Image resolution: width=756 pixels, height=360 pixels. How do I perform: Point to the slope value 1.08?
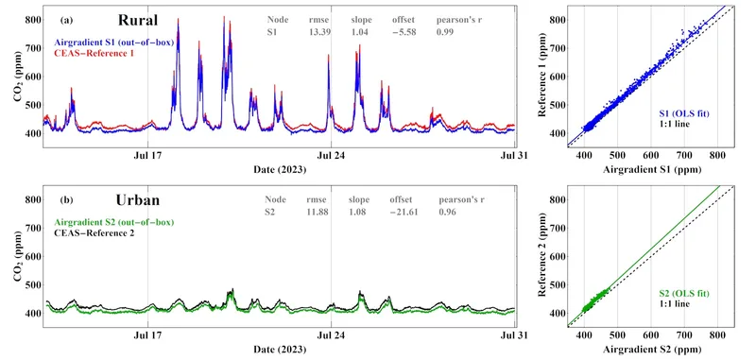[x=360, y=213]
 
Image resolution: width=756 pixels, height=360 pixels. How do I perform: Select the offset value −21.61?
[x=404, y=213]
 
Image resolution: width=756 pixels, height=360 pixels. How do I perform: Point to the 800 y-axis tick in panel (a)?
[x=33, y=19]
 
